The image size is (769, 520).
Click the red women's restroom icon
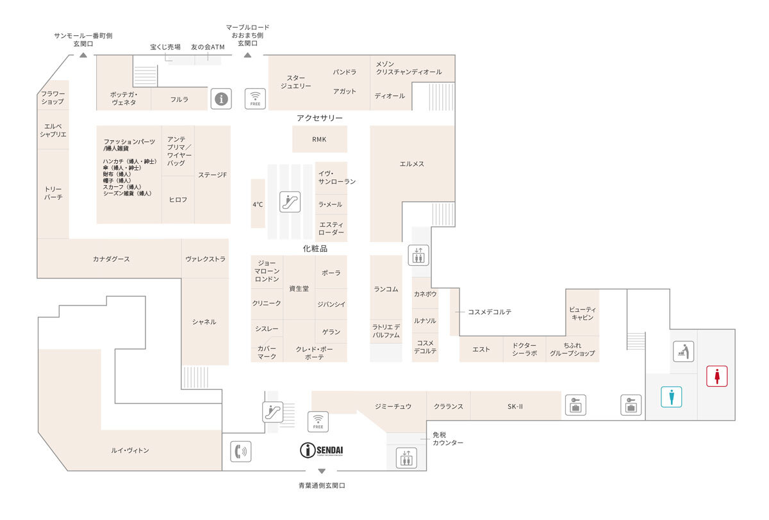[716, 376]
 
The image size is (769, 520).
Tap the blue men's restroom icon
[672, 397]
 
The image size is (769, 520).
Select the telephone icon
[240, 451]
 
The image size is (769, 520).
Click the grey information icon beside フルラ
[221, 99]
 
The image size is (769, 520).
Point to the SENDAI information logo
[322, 451]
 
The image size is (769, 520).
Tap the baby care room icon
[684, 351]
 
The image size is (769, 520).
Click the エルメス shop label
[412, 164]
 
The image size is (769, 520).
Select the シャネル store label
[204, 322]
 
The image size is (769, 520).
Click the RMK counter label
[319, 140]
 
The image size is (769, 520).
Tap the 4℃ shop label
[258, 204]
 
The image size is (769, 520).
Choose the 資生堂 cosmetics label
[299, 288]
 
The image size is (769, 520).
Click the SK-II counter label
[516, 406]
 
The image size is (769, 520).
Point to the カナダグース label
[112, 259]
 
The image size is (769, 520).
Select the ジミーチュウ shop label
[393, 406]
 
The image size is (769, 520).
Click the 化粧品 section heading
[315, 248]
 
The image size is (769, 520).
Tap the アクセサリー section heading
[320, 118]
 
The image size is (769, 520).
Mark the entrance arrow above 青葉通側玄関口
[322, 472]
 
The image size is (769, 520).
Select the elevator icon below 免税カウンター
[406, 458]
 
